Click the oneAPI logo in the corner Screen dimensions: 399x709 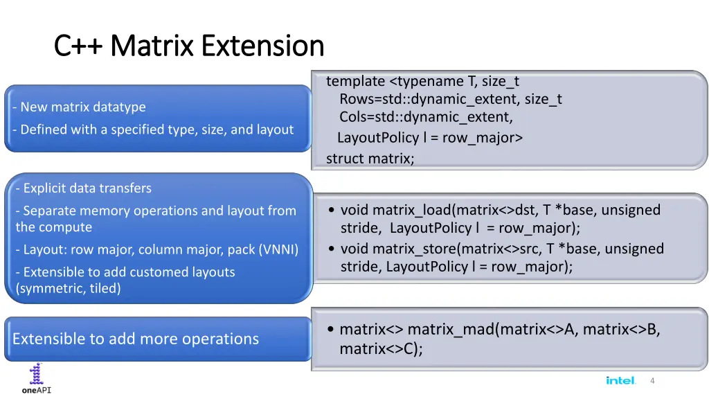point(37,379)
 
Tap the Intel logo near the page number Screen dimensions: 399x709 point(620,380)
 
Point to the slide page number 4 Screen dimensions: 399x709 point(652,381)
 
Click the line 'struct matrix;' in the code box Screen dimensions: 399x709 point(370,159)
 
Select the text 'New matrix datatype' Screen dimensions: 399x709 point(82,107)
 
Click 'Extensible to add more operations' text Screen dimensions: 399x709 point(136,339)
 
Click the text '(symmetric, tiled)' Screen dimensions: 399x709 point(68,289)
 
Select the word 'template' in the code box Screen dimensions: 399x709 point(355,81)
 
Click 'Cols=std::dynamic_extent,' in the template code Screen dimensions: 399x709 point(426,117)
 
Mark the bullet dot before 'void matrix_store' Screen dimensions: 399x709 point(332,249)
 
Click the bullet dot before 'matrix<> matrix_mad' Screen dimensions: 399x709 point(332,330)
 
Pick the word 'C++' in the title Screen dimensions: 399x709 point(79,46)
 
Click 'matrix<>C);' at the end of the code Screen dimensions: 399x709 point(381,349)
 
